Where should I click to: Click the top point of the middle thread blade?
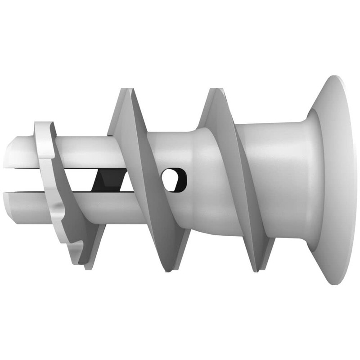(126, 90)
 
